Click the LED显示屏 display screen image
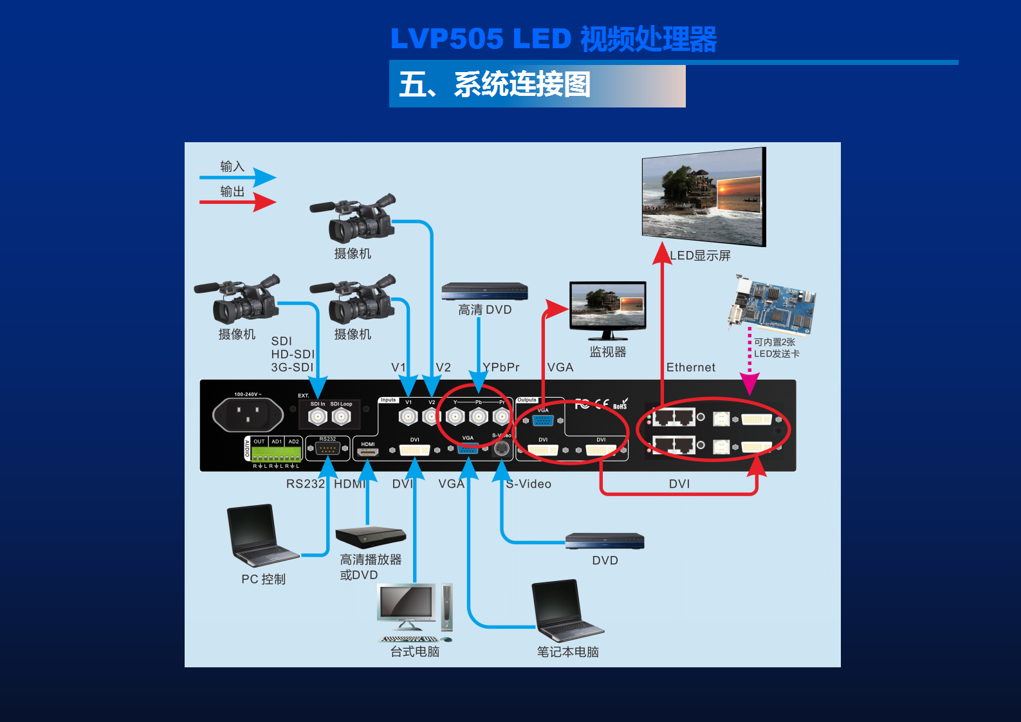[703, 196]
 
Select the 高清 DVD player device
[484, 292]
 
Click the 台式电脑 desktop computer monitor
[406, 605]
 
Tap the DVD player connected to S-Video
[604, 541]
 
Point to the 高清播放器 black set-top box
[370, 537]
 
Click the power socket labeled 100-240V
[248, 414]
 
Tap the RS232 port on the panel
[327, 449]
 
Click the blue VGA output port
[543, 420]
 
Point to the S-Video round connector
[501, 448]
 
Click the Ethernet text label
[690, 367]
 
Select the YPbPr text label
[501, 367]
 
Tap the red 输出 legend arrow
[238, 202]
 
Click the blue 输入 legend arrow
[238, 177]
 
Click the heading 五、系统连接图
[495, 85]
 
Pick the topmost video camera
[354, 219]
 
